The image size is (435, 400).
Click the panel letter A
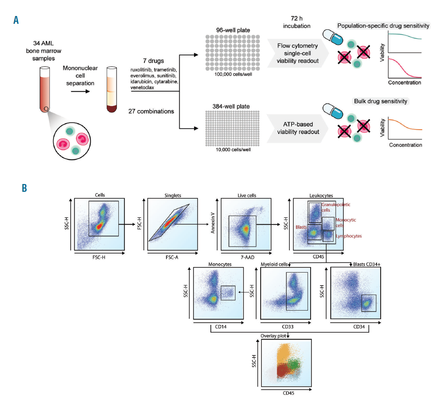(x=16, y=20)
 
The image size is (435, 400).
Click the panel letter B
(x=25, y=188)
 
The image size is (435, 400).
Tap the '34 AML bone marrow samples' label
(x=44, y=51)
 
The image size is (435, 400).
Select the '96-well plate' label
(x=233, y=30)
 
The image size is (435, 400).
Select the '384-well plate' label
(x=231, y=106)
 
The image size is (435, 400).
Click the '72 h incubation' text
(x=297, y=22)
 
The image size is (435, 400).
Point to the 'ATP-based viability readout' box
(x=298, y=128)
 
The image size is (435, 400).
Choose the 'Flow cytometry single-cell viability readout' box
(x=298, y=53)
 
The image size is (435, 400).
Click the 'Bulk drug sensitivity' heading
(x=381, y=101)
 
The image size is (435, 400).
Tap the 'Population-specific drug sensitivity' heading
(x=383, y=26)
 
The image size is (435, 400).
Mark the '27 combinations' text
(x=151, y=111)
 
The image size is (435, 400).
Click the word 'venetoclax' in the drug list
(x=142, y=87)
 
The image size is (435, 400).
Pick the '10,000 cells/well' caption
(x=233, y=149)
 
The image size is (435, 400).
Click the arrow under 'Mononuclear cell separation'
(x=80, y=91)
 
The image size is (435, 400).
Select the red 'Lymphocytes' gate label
(x=349, y=236)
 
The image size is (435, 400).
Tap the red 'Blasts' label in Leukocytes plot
(x=301, y=227)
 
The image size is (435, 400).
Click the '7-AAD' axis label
(x=248, y=257)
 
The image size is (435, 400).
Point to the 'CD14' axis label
(x=221, y=327)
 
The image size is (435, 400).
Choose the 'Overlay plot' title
(x=273, y=336)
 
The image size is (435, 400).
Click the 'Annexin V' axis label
(x=213, y=223)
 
